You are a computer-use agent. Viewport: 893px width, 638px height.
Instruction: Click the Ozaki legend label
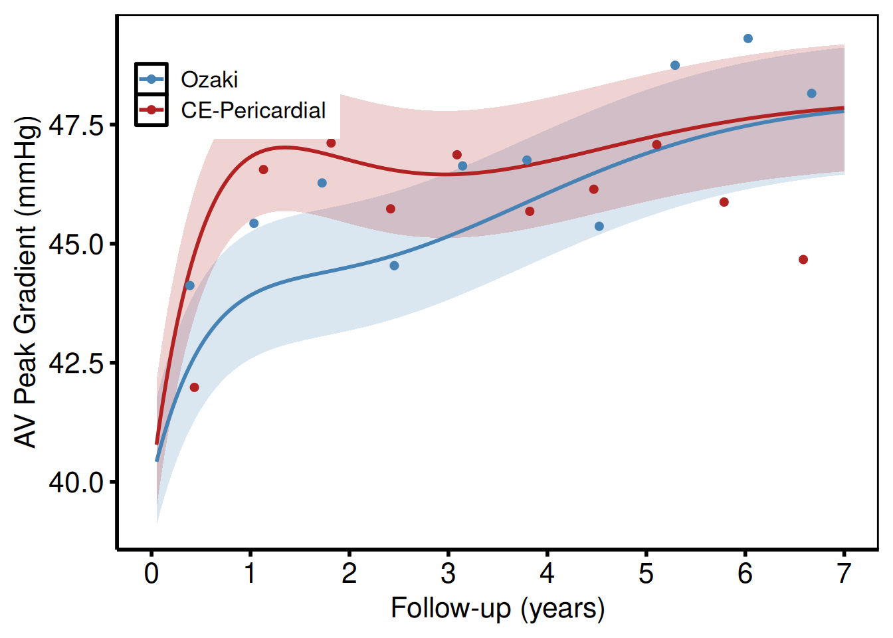(x=209, y=80)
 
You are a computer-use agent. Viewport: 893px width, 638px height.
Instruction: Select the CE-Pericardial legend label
(x=253, y=110)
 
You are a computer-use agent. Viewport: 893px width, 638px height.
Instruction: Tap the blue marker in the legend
(x=151, y=79)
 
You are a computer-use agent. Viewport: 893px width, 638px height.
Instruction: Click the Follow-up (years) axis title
(x=498, y=609)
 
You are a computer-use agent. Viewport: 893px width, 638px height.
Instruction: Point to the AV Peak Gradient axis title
(x=27, y=282)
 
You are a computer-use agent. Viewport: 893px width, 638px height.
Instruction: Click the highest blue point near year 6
(x=748, y=39)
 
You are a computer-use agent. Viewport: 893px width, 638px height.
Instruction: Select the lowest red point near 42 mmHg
(x=194, y=387)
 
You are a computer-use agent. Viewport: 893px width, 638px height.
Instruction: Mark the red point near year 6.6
(x=803, y=259)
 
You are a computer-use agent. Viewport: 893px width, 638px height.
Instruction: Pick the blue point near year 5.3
(x=675, y=65)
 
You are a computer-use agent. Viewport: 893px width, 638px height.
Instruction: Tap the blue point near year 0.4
(x=190, y=286)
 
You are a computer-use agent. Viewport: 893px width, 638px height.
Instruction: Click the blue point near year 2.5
(x=394, y=266)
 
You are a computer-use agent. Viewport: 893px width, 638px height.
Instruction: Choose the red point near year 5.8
(x=724, y=202)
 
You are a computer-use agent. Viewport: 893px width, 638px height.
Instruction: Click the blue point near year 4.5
(x=599, y=227)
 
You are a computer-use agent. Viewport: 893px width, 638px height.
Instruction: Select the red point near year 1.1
(x=263, y=169)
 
